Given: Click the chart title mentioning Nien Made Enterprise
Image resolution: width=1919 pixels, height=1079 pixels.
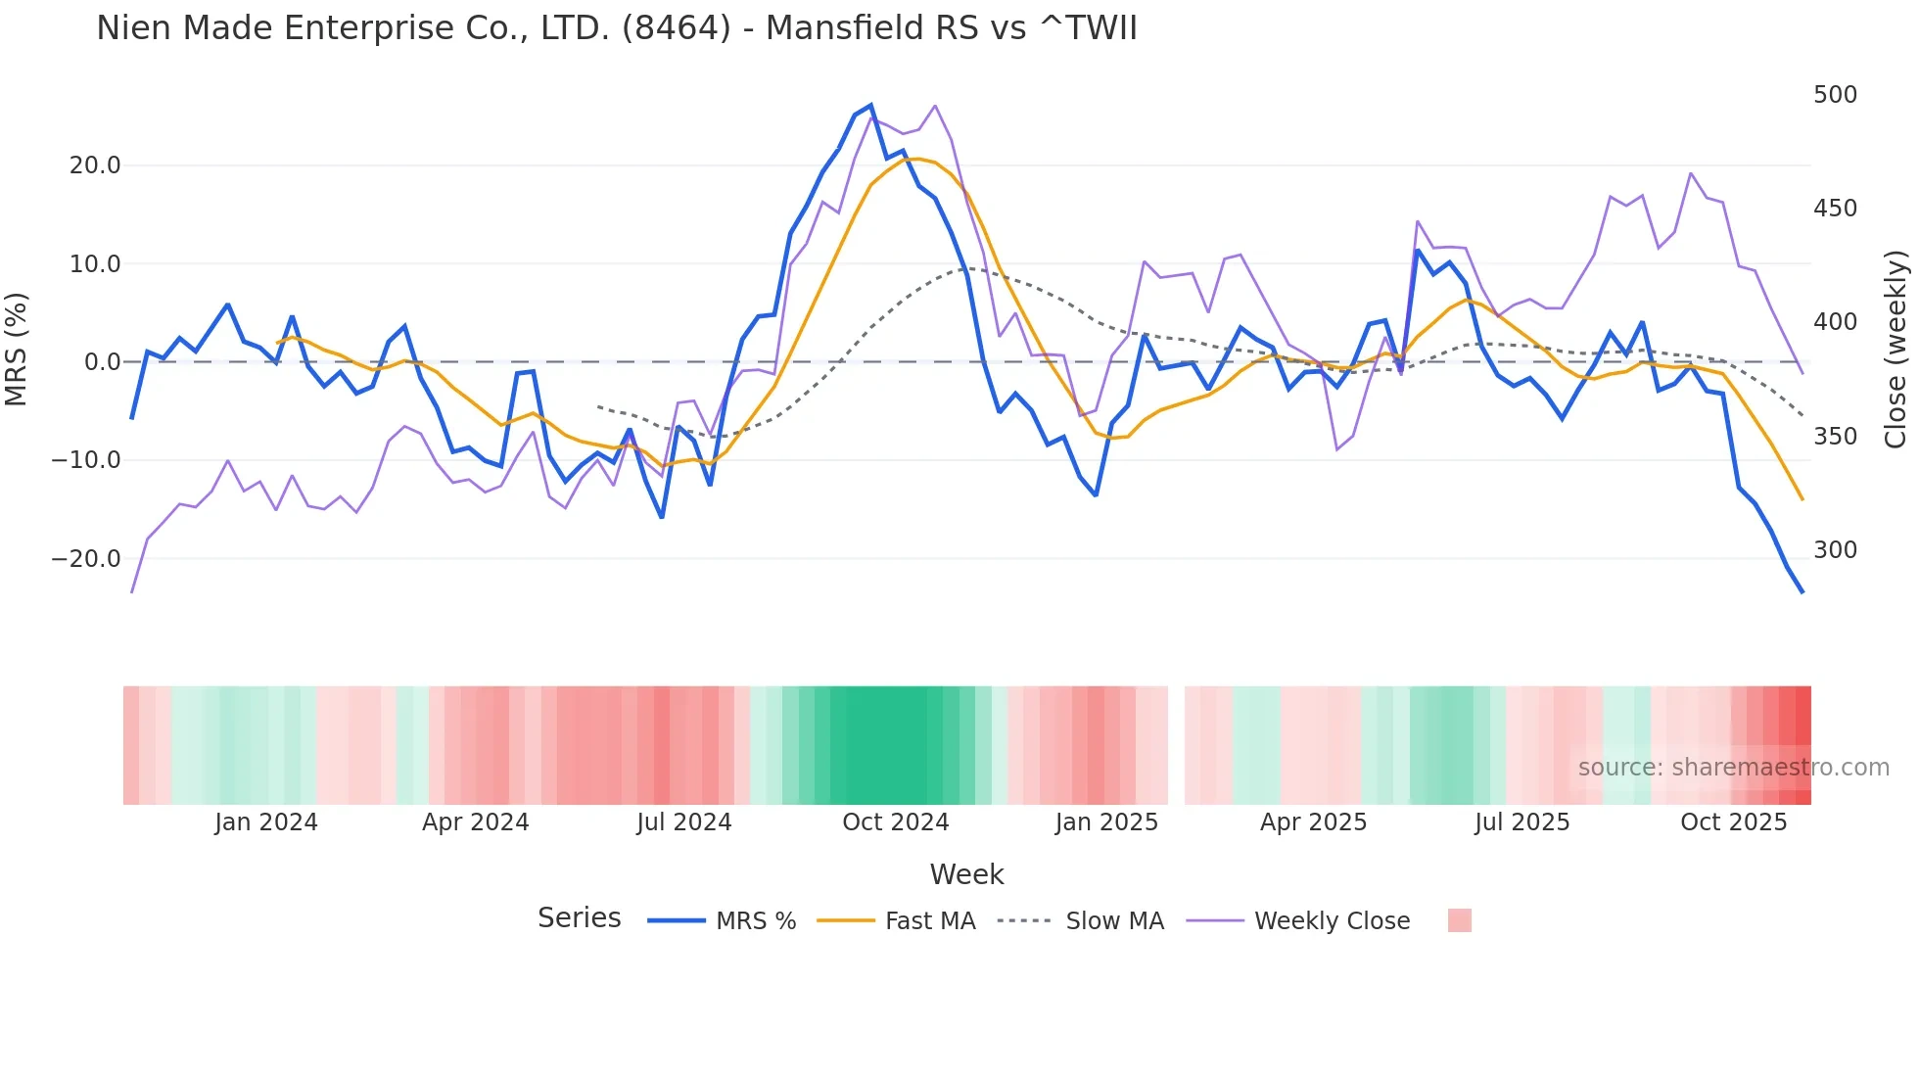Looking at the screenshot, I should pyautogui.click(x=617, y=27).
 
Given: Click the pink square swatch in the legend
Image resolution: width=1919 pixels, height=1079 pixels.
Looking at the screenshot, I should pyautogui.click(x=1459, y=920).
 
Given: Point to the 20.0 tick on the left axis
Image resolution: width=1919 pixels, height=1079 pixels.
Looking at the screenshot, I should pyautogui.click(x=95, y=165).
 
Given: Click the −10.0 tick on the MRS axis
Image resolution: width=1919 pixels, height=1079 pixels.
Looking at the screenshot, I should pyautogui.click(x=86, y=460).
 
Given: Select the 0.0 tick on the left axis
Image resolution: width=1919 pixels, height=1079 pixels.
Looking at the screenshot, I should pyautogui.click(x=102, y=362).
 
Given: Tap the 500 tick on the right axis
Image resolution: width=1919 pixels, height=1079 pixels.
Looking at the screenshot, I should pyautogui.click(x=1835, y=95).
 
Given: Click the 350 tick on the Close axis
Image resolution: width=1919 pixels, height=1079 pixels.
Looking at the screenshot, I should pyautogui.click(x=1835, y=437).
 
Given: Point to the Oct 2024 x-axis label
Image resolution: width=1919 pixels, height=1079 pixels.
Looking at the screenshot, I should pyautogui.click(x=895, y=822).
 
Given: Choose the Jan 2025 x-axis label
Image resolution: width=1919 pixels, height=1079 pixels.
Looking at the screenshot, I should pyautogui.click(x=1106, y=822).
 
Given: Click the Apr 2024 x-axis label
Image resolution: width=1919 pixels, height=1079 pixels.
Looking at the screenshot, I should pyautogui.click(x=475, y=822).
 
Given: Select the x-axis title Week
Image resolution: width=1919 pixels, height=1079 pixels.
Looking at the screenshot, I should pyautogui.click(x=966, y=874).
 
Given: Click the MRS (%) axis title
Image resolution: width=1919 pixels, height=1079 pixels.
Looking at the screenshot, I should pyautogui.click(x=17, y=350).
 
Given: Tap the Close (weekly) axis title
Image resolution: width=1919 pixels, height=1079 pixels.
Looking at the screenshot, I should pyautogui.click(x=1896, y=350).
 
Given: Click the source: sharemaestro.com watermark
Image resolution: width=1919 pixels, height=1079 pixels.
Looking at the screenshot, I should pyautogui.click(x=1733, y=768).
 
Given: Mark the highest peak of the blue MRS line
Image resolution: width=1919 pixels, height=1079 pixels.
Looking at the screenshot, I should pyautogui.click(x=870, y=106).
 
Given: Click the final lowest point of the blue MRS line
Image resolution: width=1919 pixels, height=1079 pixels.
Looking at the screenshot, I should pyautogui.click(x=1802, y=591).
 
